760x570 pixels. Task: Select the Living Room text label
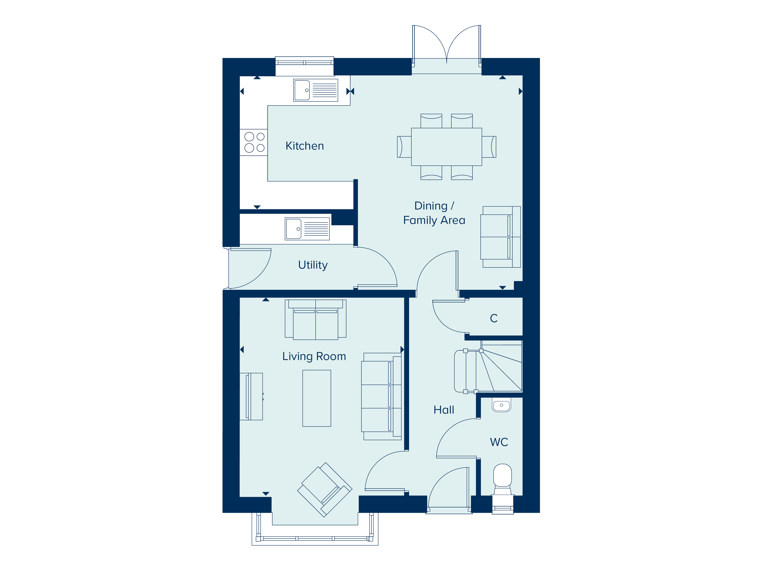(x=314, y=356)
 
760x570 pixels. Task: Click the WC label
(x=499, y=442)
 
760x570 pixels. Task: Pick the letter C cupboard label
(x=494, y=319)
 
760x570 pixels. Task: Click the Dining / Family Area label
(x=434, y=213)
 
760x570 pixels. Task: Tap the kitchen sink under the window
(x=315, y=90)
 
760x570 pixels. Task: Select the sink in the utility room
(x=307, y=229)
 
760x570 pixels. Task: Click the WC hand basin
(x=502, y=405)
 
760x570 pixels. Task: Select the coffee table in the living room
(x=316, y=398)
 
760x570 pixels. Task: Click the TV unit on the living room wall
(x=251, y=396)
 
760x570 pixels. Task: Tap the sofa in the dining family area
(x=500, y=237)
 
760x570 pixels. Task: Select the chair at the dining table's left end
(x=404, y=147)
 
